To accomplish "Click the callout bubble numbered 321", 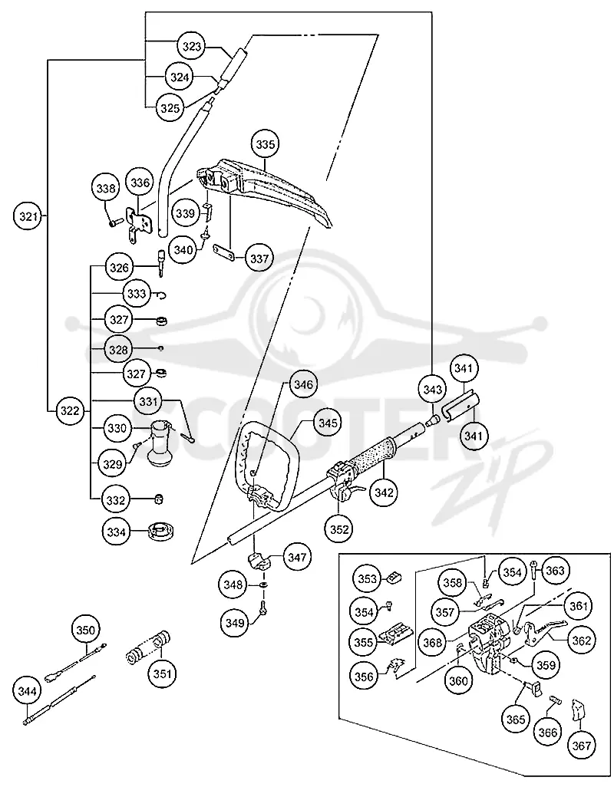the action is (x=28, y=216).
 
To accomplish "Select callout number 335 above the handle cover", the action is (x=265, y=144).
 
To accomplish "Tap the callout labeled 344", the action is (x=27, y=691).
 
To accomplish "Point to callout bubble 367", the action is (x=581, y=746).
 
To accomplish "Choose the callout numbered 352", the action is (x=339, y=529).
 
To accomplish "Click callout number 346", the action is (x=302, y=385).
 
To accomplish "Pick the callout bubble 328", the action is (x=118, y=349).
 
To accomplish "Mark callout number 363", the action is (x=555, y=571).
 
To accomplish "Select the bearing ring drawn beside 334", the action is (x=161, y=531).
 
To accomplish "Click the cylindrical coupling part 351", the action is (x=148, y=648).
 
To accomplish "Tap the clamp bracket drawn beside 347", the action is (x=260, y=561).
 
